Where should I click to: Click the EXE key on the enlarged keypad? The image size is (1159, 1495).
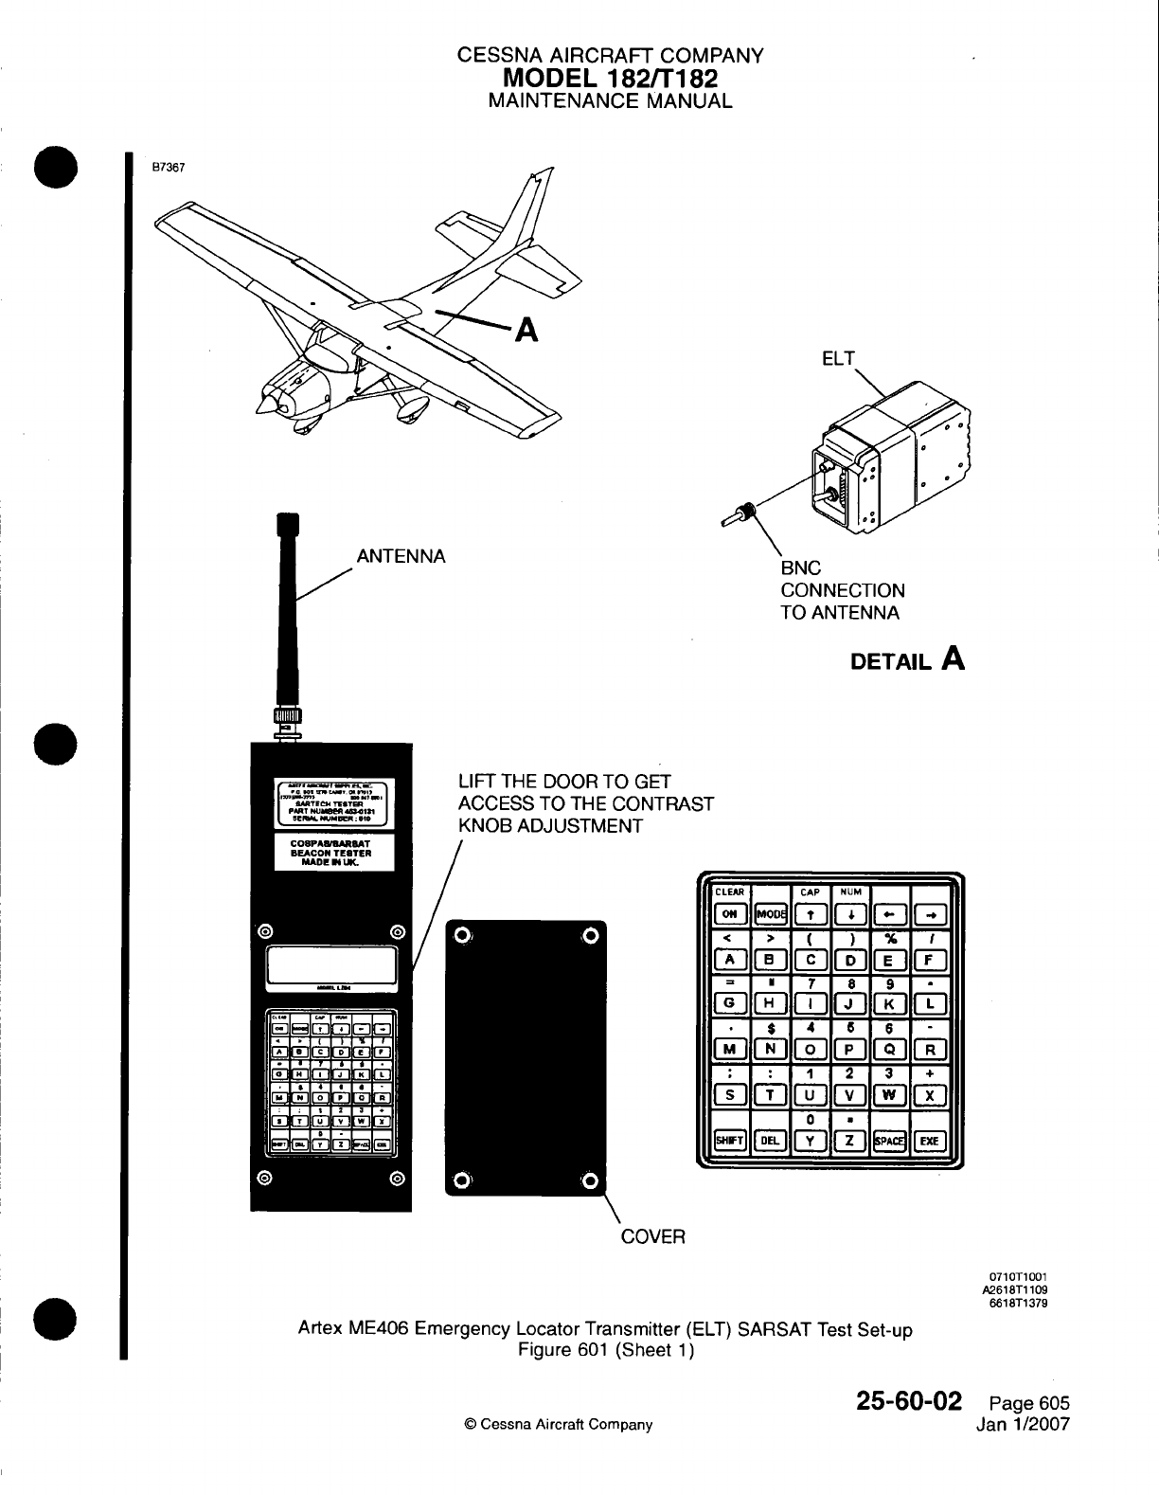929,1141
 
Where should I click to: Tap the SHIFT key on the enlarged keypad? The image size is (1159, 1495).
730,1141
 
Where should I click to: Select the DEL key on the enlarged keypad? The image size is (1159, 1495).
770,1141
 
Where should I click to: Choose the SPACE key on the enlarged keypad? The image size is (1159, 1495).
889,1141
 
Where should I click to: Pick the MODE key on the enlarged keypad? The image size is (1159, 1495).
770,914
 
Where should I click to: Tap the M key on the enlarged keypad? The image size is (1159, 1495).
730,1050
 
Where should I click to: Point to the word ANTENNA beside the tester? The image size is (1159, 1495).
401,556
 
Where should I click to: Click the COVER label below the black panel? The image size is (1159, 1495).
652,1237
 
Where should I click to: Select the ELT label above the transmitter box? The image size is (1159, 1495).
837,359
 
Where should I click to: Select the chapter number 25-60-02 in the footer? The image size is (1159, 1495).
908,1401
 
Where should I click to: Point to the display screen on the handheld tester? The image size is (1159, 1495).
331,965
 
